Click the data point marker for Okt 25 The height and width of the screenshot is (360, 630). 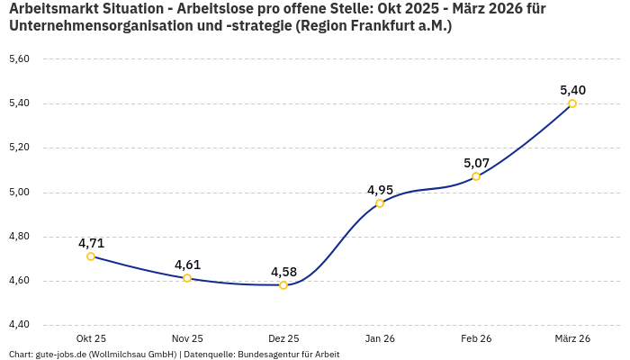pyautogui.click(x=91, y=256)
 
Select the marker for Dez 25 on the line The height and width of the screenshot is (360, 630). pyautogui.click(x=283, y=285)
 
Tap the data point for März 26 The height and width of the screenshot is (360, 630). pyautogui.click(x=572, y=103)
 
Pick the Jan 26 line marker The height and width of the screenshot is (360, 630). pyautogui.click(x=380, y=203)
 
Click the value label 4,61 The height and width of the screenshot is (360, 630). pyautogui.click(x=187, y=265)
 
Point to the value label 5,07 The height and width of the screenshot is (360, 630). pyautogui.click(x=476, y=163)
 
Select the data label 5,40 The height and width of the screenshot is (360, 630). pyautogui.click(x=572, y=90)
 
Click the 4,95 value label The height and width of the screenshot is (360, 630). pyautogui.click(x=380, y=190)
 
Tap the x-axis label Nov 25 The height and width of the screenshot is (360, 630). pyautogui.click(x=187, y=338)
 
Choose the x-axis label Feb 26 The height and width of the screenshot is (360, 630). pyautogui.click(x=476, y=338)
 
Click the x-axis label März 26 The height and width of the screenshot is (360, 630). pyautogui.click(x=572, y=338)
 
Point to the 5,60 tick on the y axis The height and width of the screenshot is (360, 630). pyautogui.click(x=19, y=59)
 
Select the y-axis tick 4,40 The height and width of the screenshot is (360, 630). pyautogui.click(x=19, y=325)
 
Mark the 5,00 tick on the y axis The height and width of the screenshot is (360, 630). pyautogui.click(x=19, y=192)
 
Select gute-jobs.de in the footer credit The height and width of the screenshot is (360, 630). pyautogui.click(x=60, y=354)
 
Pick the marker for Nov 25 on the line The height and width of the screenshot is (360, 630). pyautogui.click(x=187, y=278)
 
